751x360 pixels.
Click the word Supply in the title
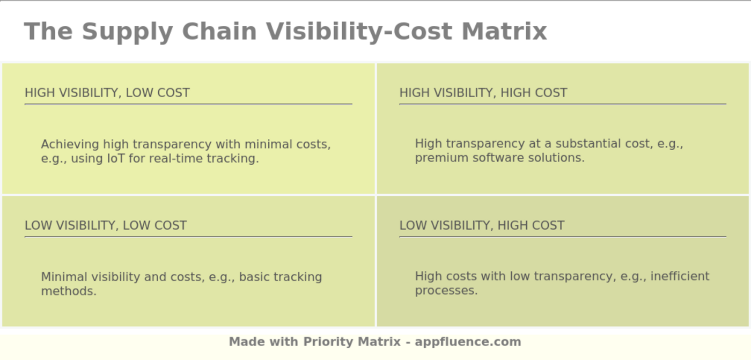click(128, 32)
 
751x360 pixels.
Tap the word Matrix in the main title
click(504, 31)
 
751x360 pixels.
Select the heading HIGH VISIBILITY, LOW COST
click(107, 93)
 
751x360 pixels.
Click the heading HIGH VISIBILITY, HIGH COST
click(483, 93)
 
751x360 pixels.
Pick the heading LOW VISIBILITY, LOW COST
click(106, 225)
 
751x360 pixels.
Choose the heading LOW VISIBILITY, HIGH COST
click(482, 225)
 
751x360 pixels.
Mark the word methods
click(69, 291)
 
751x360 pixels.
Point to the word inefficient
click(680, 276)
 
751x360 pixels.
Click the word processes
click(446, 291)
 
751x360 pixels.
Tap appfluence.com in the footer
click(468, 342)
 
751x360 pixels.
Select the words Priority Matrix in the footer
click(352, 342)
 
